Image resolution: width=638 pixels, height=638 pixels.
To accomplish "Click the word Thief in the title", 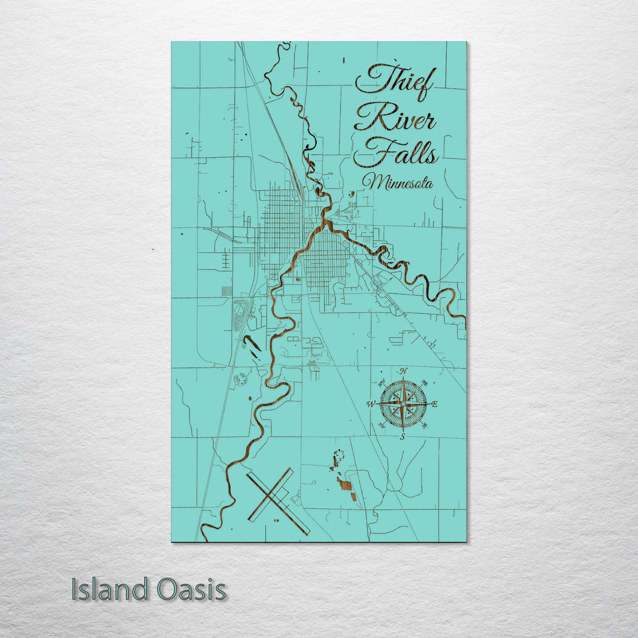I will (x=395, y=82).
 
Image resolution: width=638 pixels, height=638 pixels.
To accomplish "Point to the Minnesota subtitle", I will (x=398, y=183).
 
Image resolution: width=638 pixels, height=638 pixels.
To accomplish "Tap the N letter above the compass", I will (x=403, y=371).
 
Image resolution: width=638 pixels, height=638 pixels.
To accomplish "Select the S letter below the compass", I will (x=402, y=437).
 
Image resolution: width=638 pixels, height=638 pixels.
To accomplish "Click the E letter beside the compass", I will (x=434, y=405).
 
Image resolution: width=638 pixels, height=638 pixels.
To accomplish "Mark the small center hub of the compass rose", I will (x=403, y=404).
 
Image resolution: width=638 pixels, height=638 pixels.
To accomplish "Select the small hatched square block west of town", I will (x=227, y=291).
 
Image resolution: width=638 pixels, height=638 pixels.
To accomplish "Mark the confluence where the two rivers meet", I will (x=325, y=224).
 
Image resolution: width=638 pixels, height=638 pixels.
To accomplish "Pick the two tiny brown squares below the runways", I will (x=276, y=521).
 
